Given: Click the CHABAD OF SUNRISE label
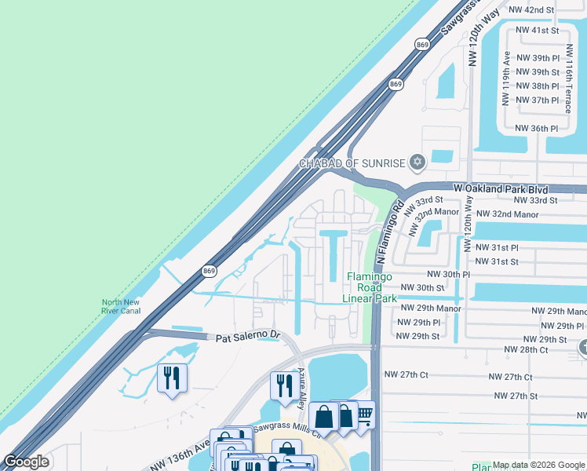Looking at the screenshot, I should [x=351, y=163].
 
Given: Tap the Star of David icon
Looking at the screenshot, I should [x=417, y=163].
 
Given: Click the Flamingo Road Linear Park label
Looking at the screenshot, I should [x=372, y=287].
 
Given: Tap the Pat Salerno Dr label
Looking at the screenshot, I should [x=248, y=336].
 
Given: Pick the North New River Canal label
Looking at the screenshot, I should [x=120, y=307].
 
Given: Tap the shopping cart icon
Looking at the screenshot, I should [x=364, y=414].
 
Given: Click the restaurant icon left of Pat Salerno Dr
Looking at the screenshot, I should [x=170, y=378].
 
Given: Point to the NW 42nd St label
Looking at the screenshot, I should [x=532, y=9].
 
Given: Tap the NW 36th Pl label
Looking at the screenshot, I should [x=536, y=128].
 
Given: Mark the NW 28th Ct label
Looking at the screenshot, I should [x=529, y=349].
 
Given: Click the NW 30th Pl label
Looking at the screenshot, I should [x=447, y=275].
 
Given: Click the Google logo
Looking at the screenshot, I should [x=27, y=462].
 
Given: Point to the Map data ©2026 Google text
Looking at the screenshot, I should [x=538, y=465].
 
